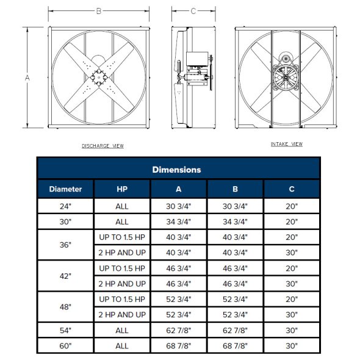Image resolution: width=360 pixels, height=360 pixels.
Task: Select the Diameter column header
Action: point(65,189)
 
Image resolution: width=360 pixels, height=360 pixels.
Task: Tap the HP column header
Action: point(122,189)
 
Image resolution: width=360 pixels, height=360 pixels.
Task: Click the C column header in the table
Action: point(292,189)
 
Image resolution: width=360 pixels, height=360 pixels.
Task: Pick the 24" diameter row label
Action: point(65,206)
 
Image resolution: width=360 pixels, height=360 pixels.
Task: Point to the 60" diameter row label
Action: point(65,346)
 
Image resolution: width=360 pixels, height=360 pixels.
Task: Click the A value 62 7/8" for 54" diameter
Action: point(179,330)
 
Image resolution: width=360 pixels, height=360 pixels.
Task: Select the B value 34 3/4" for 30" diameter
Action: point(236,222)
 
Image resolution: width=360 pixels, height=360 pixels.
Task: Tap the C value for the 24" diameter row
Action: point(292,206)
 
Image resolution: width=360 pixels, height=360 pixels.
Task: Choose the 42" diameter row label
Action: point(65,276)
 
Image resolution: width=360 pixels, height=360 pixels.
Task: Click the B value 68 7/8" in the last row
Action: point(236,346)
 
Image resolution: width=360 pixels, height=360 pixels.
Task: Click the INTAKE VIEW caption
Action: point(287,144)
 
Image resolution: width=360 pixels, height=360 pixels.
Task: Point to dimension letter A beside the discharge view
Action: point(27,77)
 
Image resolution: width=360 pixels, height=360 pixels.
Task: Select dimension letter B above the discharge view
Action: point(99,10)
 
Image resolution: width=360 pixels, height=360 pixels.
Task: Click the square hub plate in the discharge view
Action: point(98,77)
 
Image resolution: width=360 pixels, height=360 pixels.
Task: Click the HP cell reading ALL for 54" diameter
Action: point(122,330)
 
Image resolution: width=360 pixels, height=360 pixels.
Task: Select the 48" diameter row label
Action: point(65,307)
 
